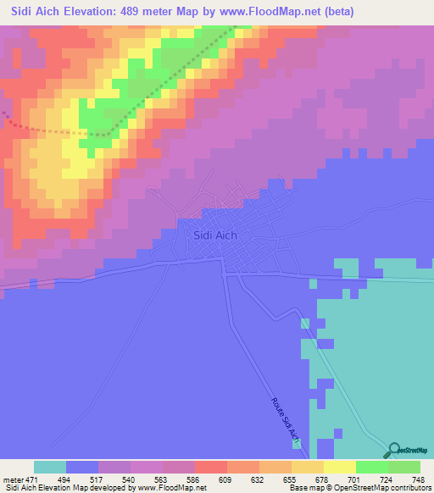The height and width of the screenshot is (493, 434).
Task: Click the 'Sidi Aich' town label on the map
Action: click(x=215, y=236)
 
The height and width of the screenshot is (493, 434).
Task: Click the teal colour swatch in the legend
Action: click(x=50, y=467)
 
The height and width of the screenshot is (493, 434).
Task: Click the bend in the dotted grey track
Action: click(x=108, y=134)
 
